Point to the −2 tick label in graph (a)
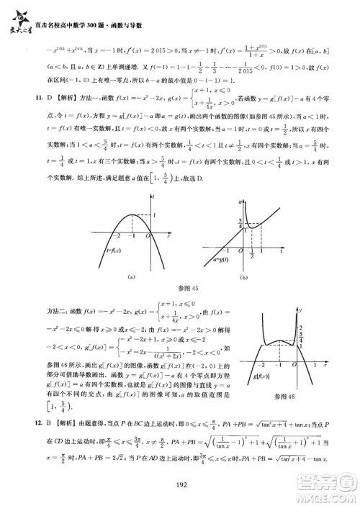coord(114,235)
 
